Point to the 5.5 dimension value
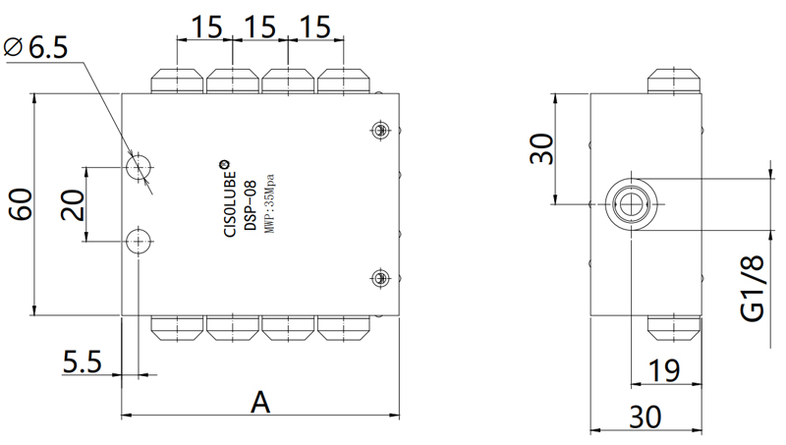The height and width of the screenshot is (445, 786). (82, 362)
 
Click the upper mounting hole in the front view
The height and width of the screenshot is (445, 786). (140, 167)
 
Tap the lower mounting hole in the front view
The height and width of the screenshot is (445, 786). (140, 241)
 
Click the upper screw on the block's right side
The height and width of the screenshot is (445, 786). (380, 129)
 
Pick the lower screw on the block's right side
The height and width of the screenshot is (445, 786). (380, 279)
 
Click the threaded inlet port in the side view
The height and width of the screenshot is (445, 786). (628, 204)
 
